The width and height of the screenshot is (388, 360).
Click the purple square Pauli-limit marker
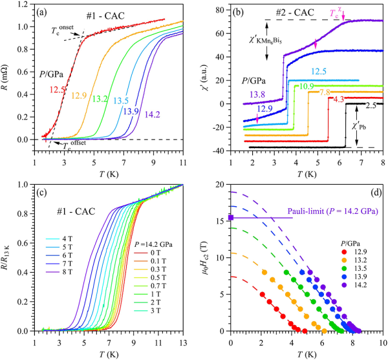(x=231, y=217)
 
